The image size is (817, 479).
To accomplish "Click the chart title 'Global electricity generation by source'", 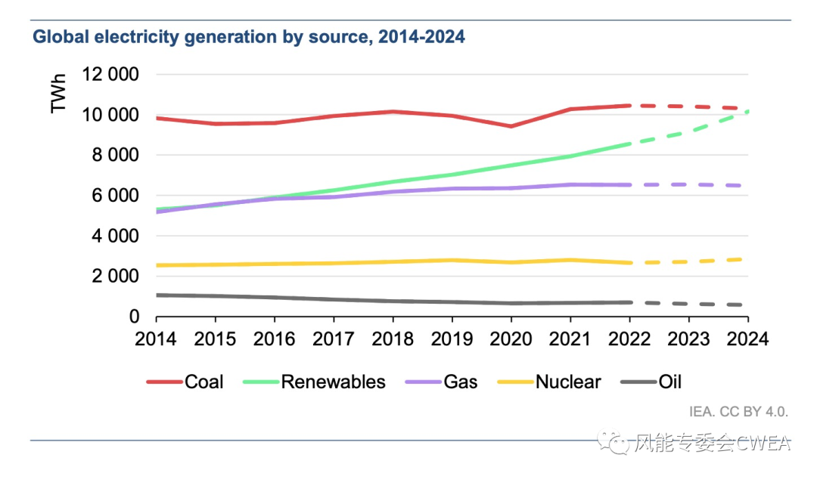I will click(x=248, y=37).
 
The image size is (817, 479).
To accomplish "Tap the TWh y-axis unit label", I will click(x=59, y=94).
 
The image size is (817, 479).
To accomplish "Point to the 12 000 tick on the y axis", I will click(x=111, y=75).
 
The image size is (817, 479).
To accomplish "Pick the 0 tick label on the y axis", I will click(x=132, y=317).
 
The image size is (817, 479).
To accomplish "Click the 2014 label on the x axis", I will click(x=156, y=339).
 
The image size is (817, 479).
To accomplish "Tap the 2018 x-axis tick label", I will click(x=393, y=339).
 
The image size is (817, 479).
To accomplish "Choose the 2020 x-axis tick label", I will click(x=511, y=339).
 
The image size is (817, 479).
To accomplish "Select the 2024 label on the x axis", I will click(x=748, y=339).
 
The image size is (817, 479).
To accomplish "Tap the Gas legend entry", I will click(x=461, y=382).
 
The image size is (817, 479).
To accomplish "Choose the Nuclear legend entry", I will click(x=568, y=382).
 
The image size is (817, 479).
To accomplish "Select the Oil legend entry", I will click(x=670, y=382).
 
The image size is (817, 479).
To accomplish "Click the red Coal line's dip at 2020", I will click(x=511, y=126).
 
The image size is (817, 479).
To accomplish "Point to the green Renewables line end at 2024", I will click(x=747, y=112).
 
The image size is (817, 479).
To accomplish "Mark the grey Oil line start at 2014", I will click(x=157, y=295).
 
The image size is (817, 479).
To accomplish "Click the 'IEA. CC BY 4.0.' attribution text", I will click(x=738, y=413).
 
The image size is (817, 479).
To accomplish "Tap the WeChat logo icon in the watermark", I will click(x=613, y=443).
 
